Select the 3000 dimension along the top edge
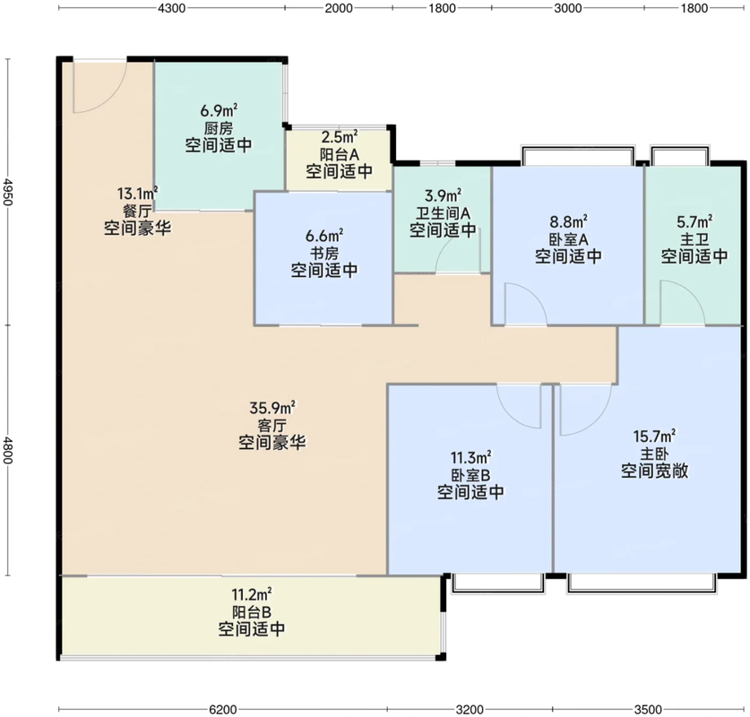point(568,8)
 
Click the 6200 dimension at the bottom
point(223,709)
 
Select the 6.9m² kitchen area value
point(219,111)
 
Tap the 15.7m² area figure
point(654,436)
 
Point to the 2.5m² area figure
point(339,138)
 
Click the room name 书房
point(323,253)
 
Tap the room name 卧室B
point(470,475)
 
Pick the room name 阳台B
point(251,612)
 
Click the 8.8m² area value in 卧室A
point(568,220)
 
